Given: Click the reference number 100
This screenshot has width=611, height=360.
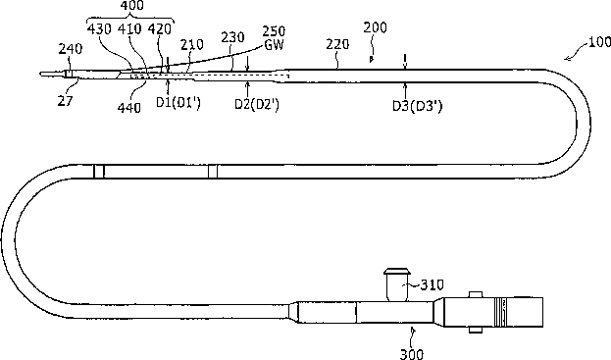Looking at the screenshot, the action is pyautogui.click(x=599, y=42).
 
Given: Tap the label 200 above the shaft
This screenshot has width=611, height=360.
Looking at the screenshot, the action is pyautogui.click(x=376, y=27).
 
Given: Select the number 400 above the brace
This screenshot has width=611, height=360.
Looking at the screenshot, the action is pyautogui.click(x=132, y=6).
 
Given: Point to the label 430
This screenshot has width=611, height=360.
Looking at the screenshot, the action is pyautogui.click(x=99, y=28).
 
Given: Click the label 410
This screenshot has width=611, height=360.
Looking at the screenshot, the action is pyautogui.click(x=129, y=28).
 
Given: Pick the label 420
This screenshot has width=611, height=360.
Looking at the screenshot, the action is pyautogui.click(x=160, y=28).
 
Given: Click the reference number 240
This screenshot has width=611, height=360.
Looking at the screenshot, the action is pyautogui.click(x=71, y=49).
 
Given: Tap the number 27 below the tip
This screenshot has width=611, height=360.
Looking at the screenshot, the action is pyautogui.click(x=65, y=101).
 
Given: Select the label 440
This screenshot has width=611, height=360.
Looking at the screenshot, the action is pyautogui.click(x=129, y=107).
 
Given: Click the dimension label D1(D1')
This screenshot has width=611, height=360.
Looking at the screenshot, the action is pyautogui.click(x=178, y=102).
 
